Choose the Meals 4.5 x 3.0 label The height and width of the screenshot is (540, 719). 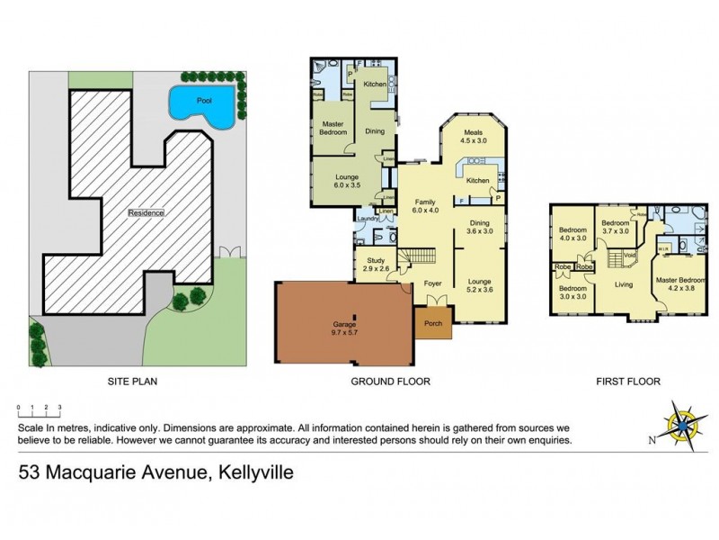click(473, 136)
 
